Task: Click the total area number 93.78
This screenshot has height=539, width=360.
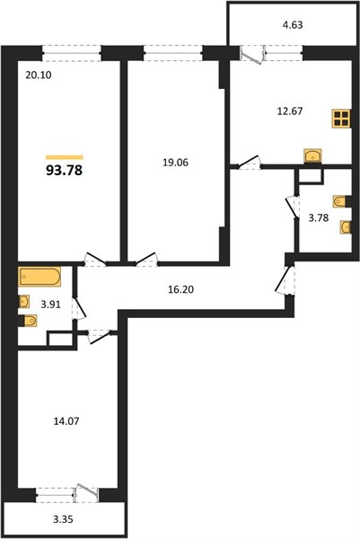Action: point(65,170)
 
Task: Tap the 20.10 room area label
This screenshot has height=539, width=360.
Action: point(39,75)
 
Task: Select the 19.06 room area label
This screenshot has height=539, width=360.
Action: point(175,163)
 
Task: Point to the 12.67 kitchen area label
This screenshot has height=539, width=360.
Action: point(290,111)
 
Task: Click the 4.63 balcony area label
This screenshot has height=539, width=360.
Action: point(293,25)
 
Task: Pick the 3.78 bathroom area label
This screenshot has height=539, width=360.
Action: point(319,217)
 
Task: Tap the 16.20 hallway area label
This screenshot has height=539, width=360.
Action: point(180,289)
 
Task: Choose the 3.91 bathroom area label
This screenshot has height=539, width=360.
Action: point(50,305)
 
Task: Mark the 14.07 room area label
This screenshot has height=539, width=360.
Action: point(66,421)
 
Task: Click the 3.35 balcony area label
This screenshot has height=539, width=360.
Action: point(63,519)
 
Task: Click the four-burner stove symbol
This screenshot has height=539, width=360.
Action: point(341,119)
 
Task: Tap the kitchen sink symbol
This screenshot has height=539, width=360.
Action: point(312,155)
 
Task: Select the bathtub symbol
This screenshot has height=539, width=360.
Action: point(40,277)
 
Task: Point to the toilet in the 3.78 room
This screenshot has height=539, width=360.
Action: point(339,201)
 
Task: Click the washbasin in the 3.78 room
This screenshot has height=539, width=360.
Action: point(346,227)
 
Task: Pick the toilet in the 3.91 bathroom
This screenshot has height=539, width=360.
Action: point(31,321)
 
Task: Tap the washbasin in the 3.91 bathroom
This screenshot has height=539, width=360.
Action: point(24,302)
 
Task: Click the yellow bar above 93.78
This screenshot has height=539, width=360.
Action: point(65,157)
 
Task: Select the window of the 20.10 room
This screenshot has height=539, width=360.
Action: point(72,54)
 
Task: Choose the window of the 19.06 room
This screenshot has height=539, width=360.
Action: point(172,54)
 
